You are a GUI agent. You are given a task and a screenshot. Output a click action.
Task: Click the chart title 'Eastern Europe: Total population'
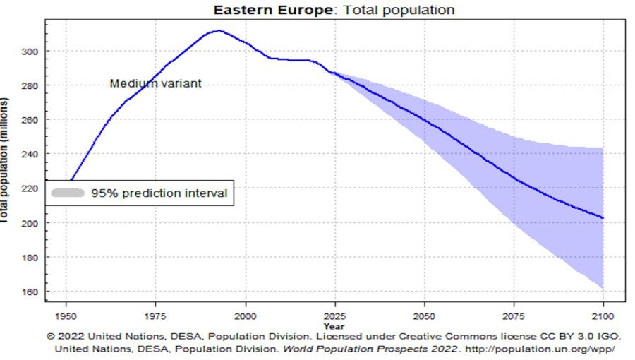[334, 10]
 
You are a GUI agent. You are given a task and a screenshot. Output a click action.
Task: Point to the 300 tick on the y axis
[32, 52]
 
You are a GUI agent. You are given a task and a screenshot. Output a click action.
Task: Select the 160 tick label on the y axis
[32, 292]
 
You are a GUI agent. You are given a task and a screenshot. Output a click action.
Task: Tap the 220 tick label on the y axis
[32, 188]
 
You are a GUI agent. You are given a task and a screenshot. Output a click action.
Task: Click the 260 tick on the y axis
[32, 120]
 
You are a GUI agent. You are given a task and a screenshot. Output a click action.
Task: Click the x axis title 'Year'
[334, 326]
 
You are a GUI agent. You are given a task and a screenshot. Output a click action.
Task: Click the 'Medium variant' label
[156, 83]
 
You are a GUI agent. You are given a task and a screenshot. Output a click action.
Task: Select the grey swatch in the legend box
[68, 193]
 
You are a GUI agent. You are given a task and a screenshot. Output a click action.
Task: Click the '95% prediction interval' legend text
[159, 193]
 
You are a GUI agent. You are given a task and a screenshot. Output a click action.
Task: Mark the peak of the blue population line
[219, 30]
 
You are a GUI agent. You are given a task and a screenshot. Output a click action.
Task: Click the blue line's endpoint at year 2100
[603, 217]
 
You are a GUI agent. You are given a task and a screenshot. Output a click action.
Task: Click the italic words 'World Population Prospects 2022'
[384, 349]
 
